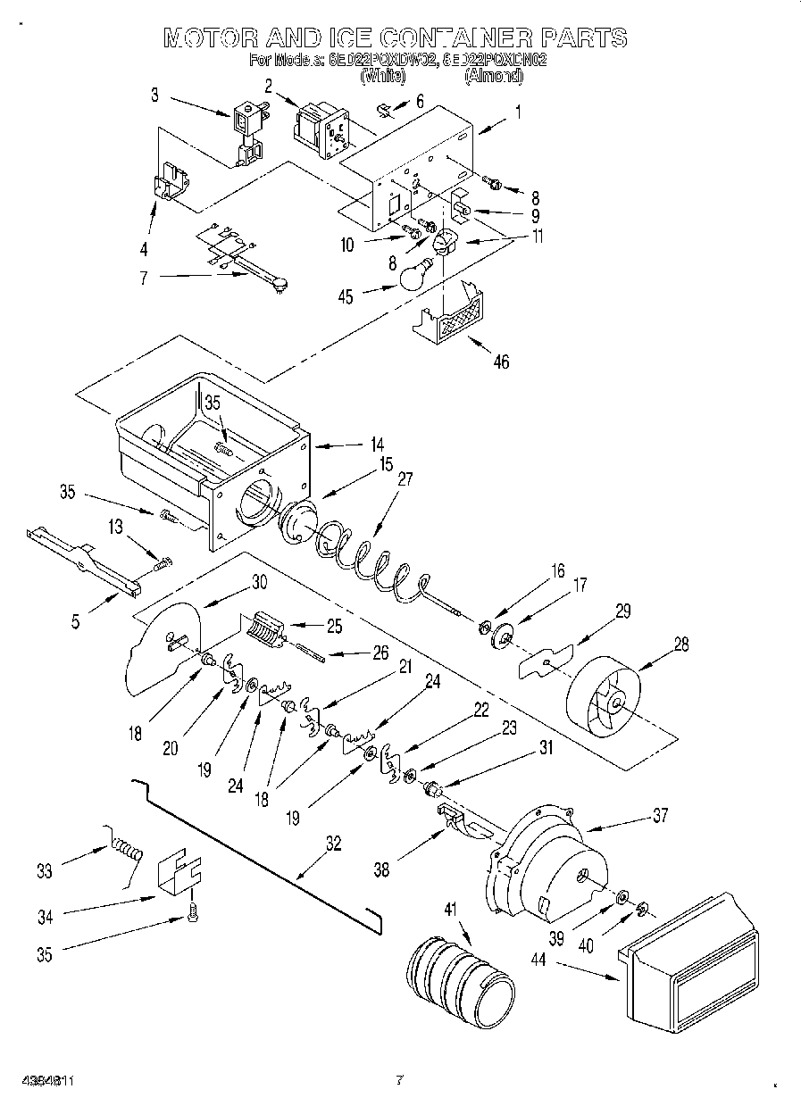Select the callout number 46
coord(502,362)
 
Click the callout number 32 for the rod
coord(332,843)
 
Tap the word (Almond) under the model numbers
coord(493,78)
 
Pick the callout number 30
coord(259,581)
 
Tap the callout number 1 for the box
coord(517,112)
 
